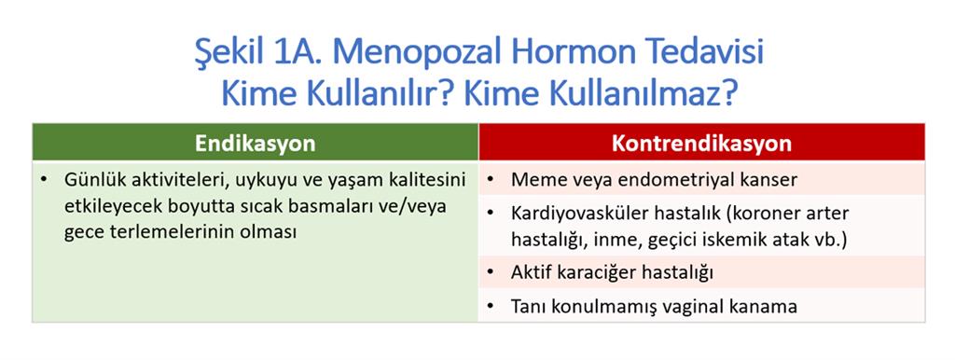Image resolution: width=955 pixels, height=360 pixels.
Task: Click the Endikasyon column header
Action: tap(256, 143)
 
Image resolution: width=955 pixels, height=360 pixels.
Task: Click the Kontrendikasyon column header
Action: tap(701, 143)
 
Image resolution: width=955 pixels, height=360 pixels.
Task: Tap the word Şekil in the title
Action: tap(229, 53)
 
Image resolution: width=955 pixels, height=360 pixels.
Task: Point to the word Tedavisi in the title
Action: tap(697, 53)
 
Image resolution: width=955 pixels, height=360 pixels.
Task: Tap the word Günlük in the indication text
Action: tap(91, 181)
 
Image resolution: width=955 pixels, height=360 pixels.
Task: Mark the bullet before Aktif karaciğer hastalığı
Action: tap(491, 274)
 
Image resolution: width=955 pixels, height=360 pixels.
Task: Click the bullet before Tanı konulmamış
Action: tap(491, 307)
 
